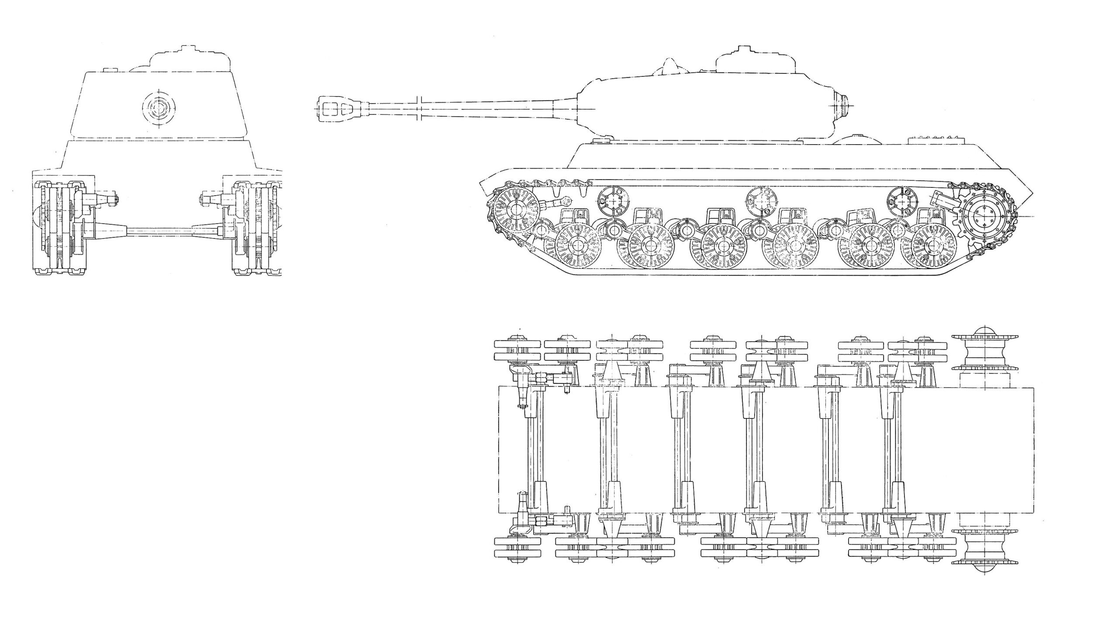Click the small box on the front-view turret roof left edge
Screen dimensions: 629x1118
[109, 70]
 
